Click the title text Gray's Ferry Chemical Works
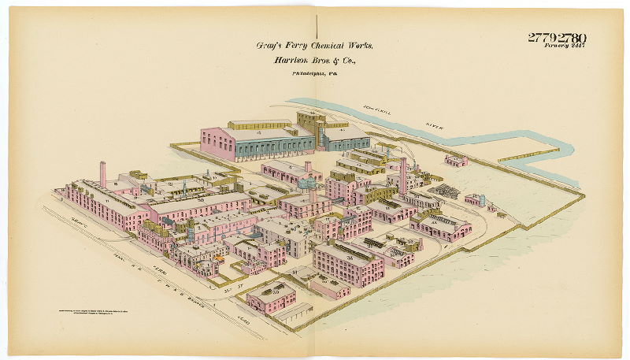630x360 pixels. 314,46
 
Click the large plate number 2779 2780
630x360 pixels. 557,37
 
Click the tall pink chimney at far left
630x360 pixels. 102,174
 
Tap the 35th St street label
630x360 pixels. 229,289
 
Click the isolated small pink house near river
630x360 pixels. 456,161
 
